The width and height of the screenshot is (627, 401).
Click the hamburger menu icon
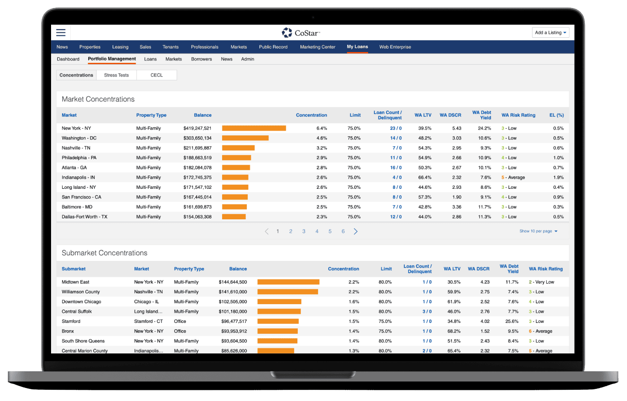[61, 32]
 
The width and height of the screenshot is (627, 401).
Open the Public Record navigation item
[273, 47]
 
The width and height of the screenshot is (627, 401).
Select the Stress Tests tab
[116, 75]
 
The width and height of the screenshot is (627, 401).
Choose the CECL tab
[157, 75]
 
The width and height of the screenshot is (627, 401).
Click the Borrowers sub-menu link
[202, 59]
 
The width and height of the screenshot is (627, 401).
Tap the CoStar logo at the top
[301, 33]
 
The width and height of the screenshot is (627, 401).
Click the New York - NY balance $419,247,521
[198, 128]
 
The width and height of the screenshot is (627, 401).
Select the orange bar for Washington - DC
[245, 138]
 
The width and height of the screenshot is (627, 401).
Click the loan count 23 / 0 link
[396, 128]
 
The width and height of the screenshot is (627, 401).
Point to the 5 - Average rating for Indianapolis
[513, 178]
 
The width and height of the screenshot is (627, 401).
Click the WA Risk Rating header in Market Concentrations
[518, 115]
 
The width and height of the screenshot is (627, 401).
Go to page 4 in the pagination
[317, 231]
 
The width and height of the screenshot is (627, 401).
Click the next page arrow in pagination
[356, 231]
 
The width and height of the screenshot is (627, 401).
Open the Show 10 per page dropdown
[538, 231]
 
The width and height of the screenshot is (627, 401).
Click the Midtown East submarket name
[76, 282]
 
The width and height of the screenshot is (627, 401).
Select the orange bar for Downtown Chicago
[279, 302]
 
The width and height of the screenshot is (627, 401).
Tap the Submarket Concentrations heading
[104, 253]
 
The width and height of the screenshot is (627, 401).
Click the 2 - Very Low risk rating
[541, 282]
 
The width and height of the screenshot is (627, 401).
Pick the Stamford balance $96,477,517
[234, 322]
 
